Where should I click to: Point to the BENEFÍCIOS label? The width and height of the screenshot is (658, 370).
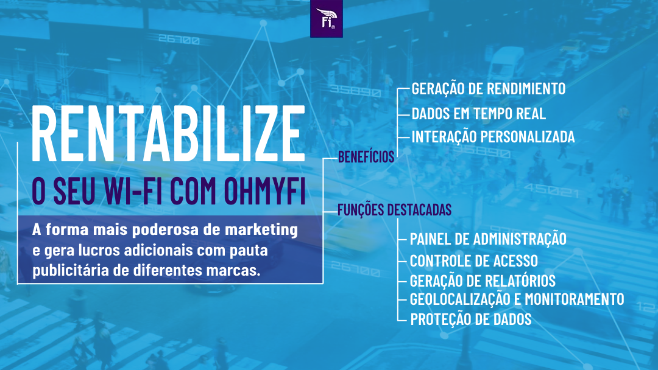[x=366, y=157]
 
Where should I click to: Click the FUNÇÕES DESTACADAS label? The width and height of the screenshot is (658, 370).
[x=394, y=210]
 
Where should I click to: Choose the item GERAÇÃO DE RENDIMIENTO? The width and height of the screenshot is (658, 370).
[x=488, y=89]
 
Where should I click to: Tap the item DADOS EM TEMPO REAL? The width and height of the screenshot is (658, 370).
[x=478, y=113]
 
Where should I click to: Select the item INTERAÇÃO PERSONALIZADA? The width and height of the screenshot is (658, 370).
[x=493, y=137]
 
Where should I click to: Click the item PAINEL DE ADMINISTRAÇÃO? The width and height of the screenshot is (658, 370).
[x=487, y=239]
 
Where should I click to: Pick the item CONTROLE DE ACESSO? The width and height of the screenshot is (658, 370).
[x=473, y=261]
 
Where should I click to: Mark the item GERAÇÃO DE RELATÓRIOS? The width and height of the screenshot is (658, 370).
[x=483, y=281]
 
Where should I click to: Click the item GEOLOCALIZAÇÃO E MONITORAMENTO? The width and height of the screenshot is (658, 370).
[x=517, y=299]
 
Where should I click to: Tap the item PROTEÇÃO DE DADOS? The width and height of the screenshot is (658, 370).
[x=470, y=319]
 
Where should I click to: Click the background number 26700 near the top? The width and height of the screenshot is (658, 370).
[x=179, y=41]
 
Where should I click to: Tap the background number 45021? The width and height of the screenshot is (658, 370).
[x=551, y=190]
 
